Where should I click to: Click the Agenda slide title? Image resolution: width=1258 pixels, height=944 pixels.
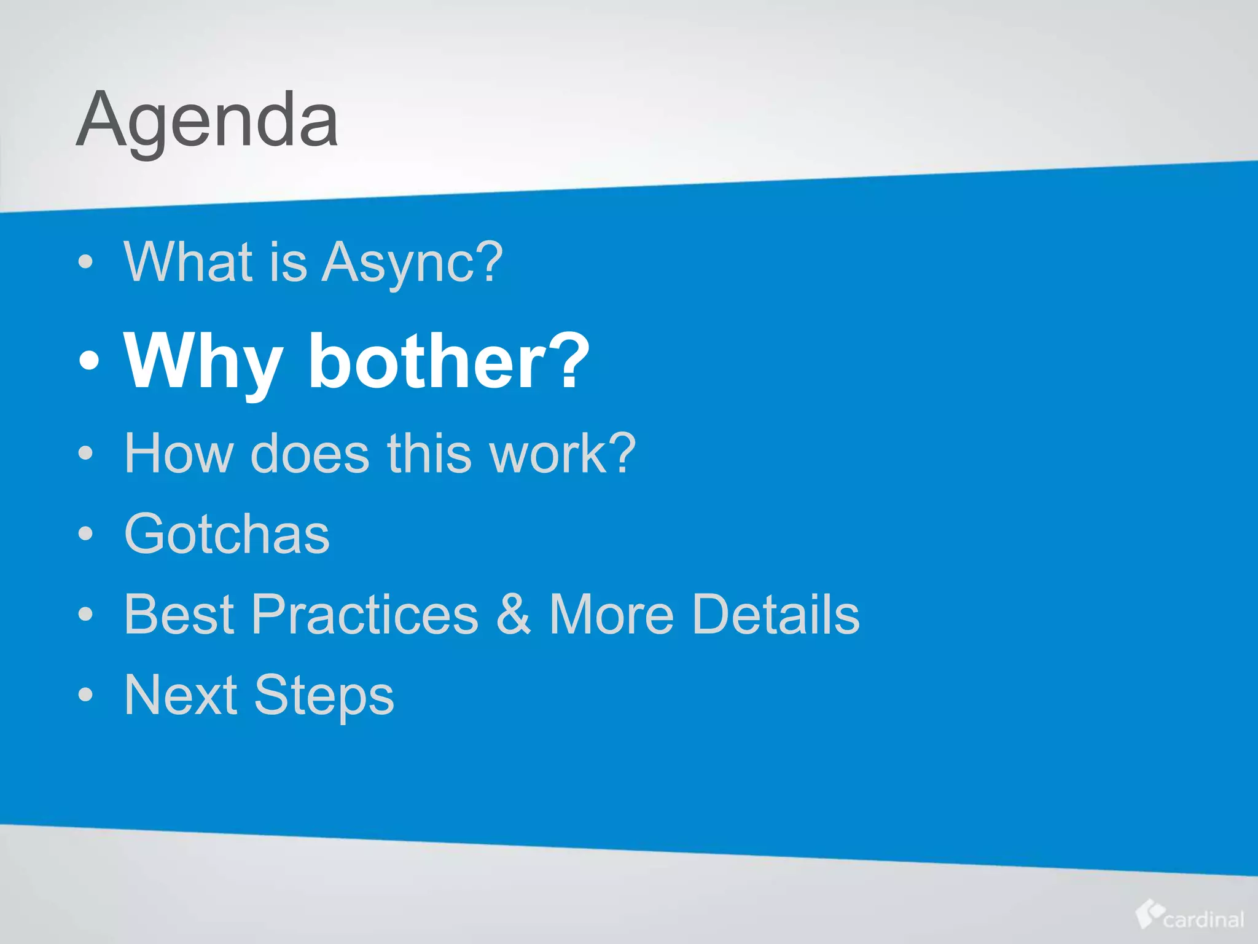[207, 120]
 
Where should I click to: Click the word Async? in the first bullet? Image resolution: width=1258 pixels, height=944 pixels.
[412, 262]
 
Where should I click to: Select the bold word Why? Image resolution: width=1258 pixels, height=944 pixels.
[203, 362]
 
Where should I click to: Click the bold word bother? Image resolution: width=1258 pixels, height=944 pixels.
[448, 362]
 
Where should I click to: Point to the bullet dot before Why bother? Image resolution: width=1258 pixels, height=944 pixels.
[88, 361]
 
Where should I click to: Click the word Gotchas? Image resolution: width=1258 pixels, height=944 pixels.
[227, 534]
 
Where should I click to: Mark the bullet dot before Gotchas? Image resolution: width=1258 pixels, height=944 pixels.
[86, 533]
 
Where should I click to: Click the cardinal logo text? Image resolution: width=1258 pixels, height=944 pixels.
[1203, 920]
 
